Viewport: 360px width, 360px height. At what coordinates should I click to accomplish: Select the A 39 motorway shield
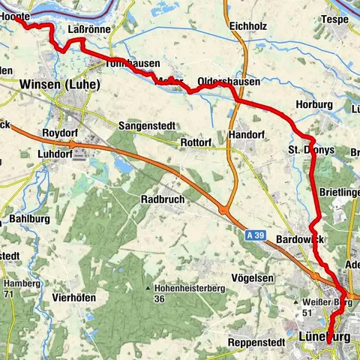(256, 235)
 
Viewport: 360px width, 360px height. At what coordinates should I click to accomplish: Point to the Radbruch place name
(163, 199)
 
